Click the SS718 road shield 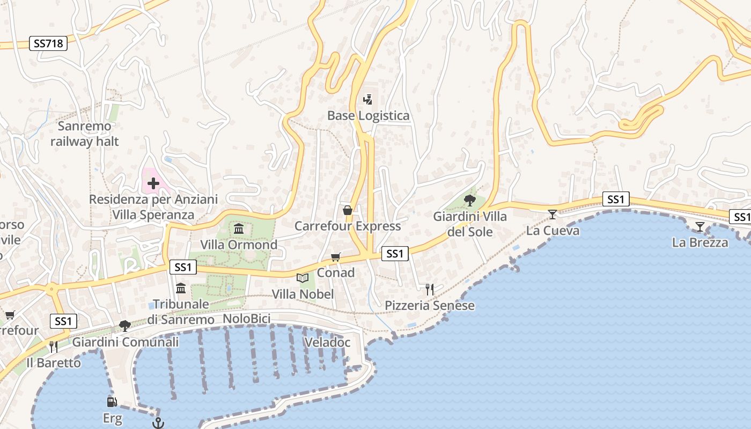click(48, 44)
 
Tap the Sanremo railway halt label click(85, 134)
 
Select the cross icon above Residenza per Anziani click(153, 183)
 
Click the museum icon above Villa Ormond click(239, 230)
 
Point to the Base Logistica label click(368, 116)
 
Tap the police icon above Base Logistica click(367, 99)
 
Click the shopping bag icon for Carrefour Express click(348, 210)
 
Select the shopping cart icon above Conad click(336, 257)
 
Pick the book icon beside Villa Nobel click(303, 278)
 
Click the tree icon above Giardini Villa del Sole click(470, 201)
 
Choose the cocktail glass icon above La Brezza click(700, 227)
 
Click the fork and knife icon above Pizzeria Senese click(429, 290)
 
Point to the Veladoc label click(327, 343)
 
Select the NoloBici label click(246, 319)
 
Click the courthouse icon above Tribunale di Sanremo click(181, 289)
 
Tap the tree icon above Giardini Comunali click(125, 326)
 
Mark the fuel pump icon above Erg click(112, 402)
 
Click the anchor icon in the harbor click(158, 424)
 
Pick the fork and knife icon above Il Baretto click(53, 347)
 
